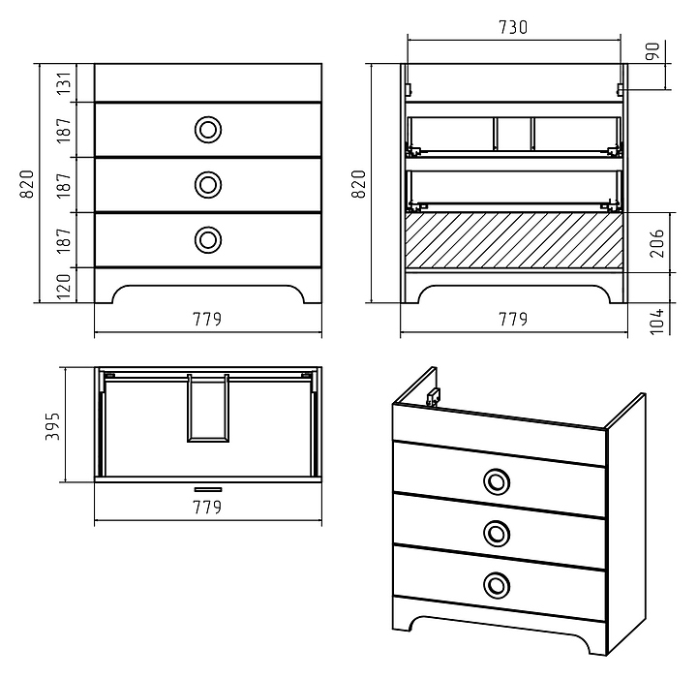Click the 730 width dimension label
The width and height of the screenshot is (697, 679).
[513, 27]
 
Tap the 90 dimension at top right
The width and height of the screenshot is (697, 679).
[652, 51]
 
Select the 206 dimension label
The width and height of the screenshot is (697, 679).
[656, 243]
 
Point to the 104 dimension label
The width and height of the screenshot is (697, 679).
[656, 321]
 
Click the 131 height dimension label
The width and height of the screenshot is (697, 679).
[64, 83]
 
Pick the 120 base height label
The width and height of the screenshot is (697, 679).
[64, 287]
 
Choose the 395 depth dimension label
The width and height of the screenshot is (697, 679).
[52, 426]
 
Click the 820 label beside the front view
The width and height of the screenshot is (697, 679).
[27, 184]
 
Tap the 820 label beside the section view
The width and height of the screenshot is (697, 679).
[358, 184]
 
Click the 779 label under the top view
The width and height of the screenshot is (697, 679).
[207, 507]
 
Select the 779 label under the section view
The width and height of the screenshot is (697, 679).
[513, 319]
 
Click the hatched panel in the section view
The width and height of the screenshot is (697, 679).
[514, 240]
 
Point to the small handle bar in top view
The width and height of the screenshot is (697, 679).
[208, 489]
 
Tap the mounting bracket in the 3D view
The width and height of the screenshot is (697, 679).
[433, 396]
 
